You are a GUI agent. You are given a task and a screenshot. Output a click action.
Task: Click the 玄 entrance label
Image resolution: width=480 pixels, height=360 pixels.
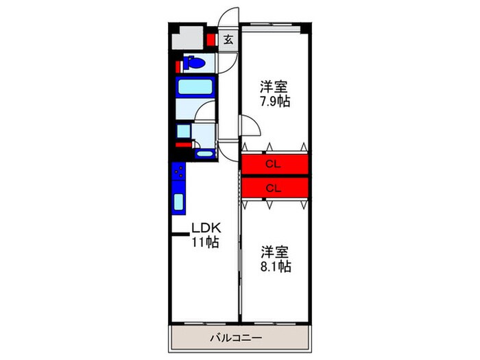228,40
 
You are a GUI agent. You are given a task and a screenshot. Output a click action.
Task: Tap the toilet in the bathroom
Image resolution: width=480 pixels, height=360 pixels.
194,65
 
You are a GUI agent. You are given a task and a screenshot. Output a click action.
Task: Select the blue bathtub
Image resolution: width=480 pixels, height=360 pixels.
196,88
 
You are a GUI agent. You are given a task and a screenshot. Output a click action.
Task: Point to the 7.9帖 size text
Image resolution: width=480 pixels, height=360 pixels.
274,102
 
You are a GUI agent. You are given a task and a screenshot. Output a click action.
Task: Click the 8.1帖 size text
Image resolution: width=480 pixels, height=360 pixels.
276,267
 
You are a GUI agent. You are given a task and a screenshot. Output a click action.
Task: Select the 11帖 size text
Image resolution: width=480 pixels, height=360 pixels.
204,242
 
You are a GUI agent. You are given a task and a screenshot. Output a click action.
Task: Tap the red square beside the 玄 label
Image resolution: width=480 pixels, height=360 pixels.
212,40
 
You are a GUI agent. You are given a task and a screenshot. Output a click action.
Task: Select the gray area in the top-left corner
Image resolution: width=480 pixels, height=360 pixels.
187,40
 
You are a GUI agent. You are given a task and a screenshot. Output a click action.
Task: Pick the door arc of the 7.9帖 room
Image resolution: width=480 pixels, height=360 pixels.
248,126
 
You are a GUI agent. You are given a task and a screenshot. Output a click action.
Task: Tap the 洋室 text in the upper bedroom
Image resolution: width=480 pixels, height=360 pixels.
273,88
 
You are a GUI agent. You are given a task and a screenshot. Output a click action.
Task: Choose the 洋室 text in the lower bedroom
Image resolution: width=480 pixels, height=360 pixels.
274,252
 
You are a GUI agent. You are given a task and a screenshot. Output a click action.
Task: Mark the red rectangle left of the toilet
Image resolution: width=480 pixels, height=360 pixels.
178,67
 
